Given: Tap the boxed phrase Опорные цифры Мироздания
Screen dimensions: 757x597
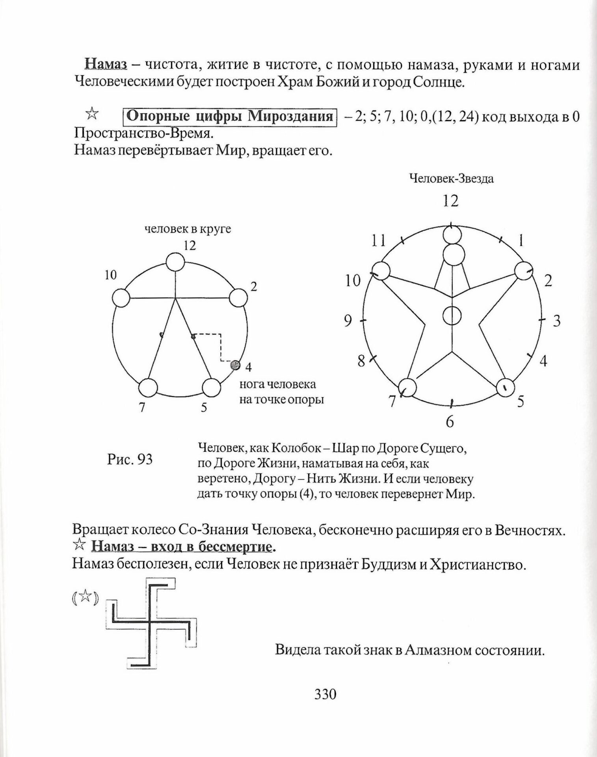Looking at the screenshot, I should (230, 117).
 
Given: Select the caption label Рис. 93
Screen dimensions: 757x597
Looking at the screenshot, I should (130, 459).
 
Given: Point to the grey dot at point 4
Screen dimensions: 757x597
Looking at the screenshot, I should (235, 365).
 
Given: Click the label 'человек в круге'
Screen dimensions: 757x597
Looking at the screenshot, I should (188, 229).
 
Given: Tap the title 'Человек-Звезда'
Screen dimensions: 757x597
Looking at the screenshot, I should (452, 179).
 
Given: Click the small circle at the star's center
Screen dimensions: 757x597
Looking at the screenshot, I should (452, 315).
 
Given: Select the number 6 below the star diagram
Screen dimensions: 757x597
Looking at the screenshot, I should (450, 422).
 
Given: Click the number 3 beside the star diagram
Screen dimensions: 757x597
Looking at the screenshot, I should (556, 321).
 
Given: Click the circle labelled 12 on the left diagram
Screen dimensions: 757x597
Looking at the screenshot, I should (175, 262).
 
